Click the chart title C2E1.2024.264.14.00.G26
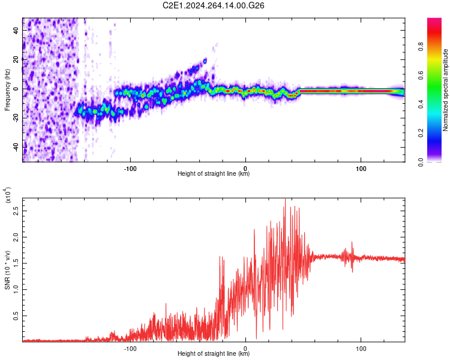pyautogui.click(x=213, y=5)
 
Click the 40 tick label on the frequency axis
pyautogui.click(x=16, y=30)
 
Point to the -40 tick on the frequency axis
pyautogui.click(x=16, y=148)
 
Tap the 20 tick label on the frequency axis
pyautogui.click(x=16, y=59)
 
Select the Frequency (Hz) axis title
pyautogui.click(x=7, y=89)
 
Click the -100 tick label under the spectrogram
pyautogui.click(x=130, y=169)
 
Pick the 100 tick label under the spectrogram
pyautogui.click(x=361, y=169)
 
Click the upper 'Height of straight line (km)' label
pyautogui.click(x=214, y=173)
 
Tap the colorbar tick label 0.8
pyautogui.click(x=421, y=47)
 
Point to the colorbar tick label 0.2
pyautogui.click(x=421, y=133)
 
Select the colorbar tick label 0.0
pyautogui.click(x=421, y=162)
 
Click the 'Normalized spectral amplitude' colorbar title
pyautogui.click(x=445, y=90)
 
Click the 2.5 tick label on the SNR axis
pyautogui.click(x=16, y=211)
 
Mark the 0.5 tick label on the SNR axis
pyautogui.click(x=16, y=316)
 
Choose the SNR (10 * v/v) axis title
pyautogui.click(x=7, y=270)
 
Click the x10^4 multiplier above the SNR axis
pyautogui.click(x=8, y=195)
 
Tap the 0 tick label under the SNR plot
pyautogui.click(x=245, y=349)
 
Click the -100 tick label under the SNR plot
pyautogui.click(x=130, y=349)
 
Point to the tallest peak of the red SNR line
pyautogui.click(x=285, y=199)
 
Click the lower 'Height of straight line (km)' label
pyautogui.click(x=214, y=353)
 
